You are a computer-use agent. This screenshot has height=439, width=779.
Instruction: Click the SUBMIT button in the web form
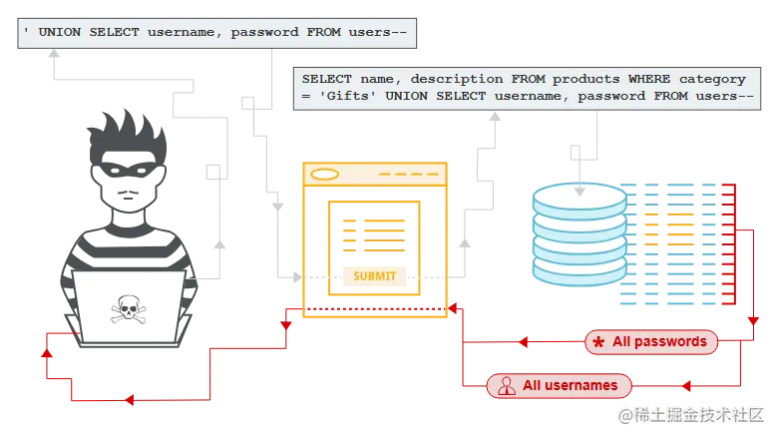[374, 276]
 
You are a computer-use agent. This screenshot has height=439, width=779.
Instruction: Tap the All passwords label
[659, 341]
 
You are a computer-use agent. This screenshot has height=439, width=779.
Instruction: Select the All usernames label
[570, 385]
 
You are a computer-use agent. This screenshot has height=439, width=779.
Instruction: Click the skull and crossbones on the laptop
[128, 309]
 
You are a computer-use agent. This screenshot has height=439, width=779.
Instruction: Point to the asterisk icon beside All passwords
[598, 342]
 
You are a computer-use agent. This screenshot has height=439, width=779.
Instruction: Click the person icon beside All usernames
[506, 385]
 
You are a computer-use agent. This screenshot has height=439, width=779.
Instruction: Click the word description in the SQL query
[437, 79]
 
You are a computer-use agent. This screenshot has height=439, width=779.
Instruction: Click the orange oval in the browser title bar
[325, 175]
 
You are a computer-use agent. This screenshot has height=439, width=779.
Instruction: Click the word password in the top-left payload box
[267, 32]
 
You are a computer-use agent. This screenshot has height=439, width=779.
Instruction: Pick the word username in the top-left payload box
[183, 32]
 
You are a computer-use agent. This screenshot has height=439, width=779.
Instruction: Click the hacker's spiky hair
[130, 125]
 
